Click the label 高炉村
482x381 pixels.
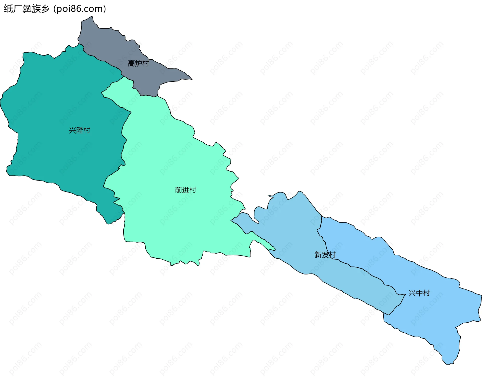[x=138, y=63]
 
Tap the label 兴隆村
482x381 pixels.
[x=80, y=130]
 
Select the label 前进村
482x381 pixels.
[x=186, y=190]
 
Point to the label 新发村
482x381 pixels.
[x=325, y=255]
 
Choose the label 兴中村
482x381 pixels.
[x=419, y=293]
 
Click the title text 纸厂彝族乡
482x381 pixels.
[x=27, y=9]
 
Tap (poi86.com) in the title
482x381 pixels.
[x=80, y=9]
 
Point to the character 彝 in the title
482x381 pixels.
[x=27, y=9]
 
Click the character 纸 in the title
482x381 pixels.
[x=8, y=9]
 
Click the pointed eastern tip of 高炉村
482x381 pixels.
[x=192, y=79]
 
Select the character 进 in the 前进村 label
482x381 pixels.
[x=186, y=190]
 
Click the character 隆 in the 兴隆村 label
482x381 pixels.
[x=80, y=130]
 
